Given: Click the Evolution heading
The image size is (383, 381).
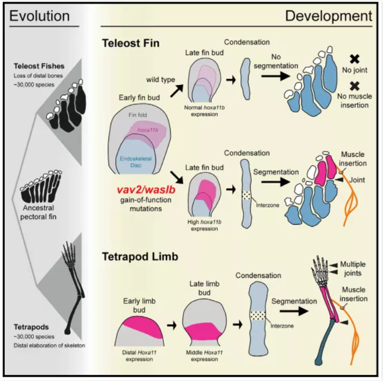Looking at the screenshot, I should [40, 16].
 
